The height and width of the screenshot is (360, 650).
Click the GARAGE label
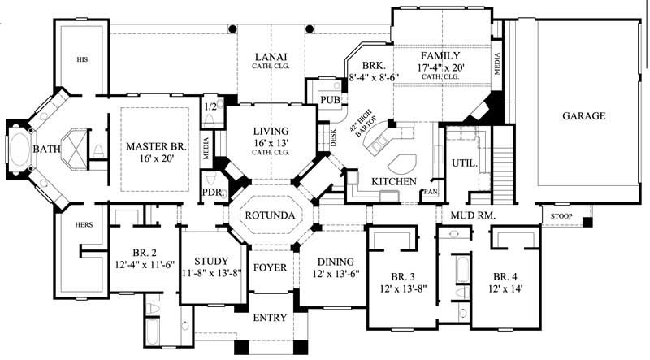coord(583,116)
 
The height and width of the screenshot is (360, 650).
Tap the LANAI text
coord(270,56)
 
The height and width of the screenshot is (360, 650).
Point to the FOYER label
coord(268,266)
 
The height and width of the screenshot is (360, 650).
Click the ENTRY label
coord(270,317)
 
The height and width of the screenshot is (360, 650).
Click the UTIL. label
coord(462,163)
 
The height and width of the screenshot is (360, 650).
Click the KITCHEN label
coord(394,180)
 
